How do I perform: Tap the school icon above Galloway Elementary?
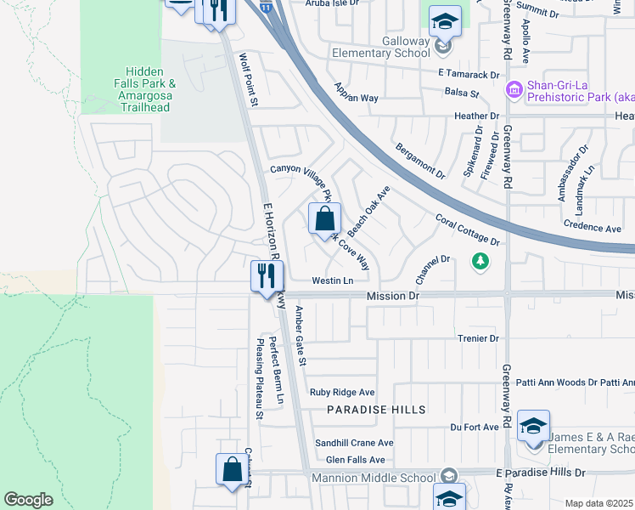point(444,21)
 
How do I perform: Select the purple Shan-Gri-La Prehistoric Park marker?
point(514,89)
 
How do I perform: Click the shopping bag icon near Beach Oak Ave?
point(324,219)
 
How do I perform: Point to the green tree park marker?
point(480,259)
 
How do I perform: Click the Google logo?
point(28,500)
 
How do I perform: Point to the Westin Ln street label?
point(332,280)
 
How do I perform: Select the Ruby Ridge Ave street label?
point(342,392)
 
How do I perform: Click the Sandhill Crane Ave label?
point(354,443)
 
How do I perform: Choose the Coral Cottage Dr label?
point(467,229)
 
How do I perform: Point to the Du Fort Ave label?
point(474,427)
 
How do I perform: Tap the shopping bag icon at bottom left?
point(233,469)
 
